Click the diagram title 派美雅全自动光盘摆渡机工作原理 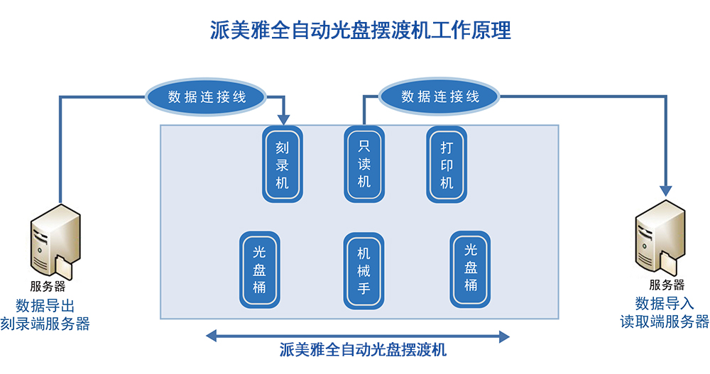(x=361, y=31)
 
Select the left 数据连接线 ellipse (x=207, y=97)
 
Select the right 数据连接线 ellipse (x=440, y=97)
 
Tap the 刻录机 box (x=282, y=164)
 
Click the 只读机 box (x=364, y=164)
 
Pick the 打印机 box (x=447, y=164)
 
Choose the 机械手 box (x=364, y=270)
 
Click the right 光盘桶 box (x=471, y=268)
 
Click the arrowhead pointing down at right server (x=665, y=189)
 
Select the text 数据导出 (x=45, y=305)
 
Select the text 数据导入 (x=665, y=304)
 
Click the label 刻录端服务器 (x=45, y=324)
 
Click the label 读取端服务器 (x=665, y=321)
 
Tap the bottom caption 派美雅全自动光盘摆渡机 (x=363, y=350)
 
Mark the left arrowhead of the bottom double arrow (x=212, y=335)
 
